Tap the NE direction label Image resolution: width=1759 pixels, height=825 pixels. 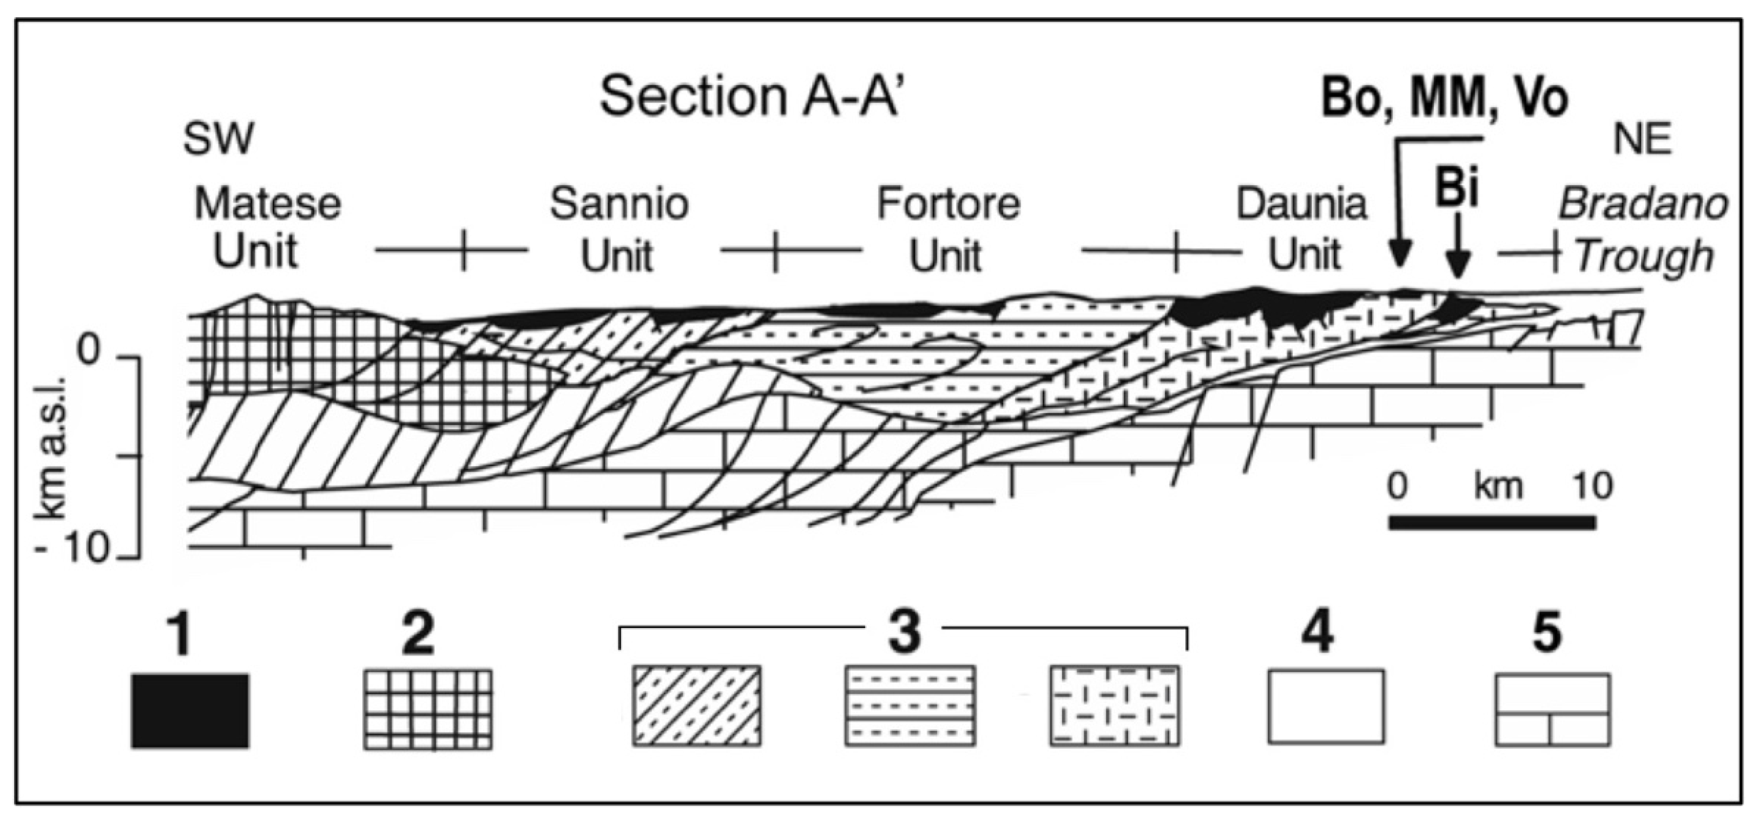click(1642, 141)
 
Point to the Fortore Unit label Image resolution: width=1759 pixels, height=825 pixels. click(948, 230)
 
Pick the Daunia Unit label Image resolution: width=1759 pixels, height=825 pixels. click(1301, 230)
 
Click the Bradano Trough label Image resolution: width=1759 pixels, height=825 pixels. click(1643, 230)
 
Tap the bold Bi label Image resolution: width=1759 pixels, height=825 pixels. click(1457, 188)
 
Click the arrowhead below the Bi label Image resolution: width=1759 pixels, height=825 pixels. click(1457, 266)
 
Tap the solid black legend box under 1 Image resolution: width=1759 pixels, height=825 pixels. click(190, 711)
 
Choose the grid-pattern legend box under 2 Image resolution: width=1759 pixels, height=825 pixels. click(427, 710)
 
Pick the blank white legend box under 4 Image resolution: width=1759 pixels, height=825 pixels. click(1326, 707)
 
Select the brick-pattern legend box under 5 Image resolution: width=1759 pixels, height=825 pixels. click(1552, 710)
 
